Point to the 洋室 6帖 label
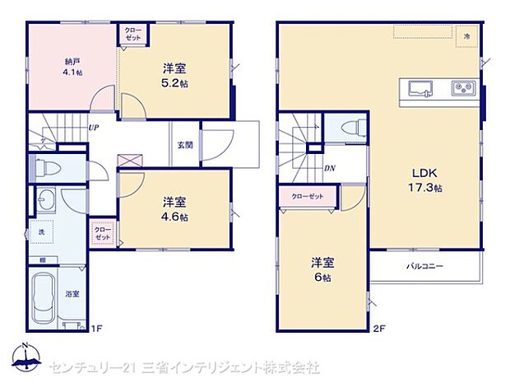pyautogui.click(x=322, y=269)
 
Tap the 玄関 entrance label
pyautogui.click(x=185, y=145)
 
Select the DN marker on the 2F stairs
pyautogui.click(x=329, y=168)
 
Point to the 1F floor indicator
pyautogui.click(x=96, y=329)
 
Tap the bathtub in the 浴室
pyautogui.click(x=47, y=297)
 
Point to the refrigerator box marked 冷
pyautogui.click(x=467, y=37)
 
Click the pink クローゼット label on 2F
pyautogui.click(x=308, y=195)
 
